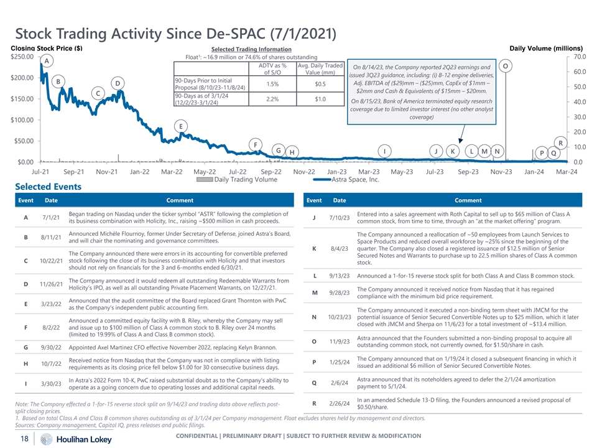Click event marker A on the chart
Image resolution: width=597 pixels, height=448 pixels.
click(47, 61)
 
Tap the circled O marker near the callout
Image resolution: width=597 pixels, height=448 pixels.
click(506, 66)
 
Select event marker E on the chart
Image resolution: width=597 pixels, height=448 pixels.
click(180, 126)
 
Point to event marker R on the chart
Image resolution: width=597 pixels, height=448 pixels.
click(560, 143)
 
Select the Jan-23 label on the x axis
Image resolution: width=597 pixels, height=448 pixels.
click(336, 171)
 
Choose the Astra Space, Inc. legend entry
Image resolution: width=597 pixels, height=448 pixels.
click(353, 180)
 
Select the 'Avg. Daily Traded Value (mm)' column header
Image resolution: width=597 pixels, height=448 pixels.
click(321, 70)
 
